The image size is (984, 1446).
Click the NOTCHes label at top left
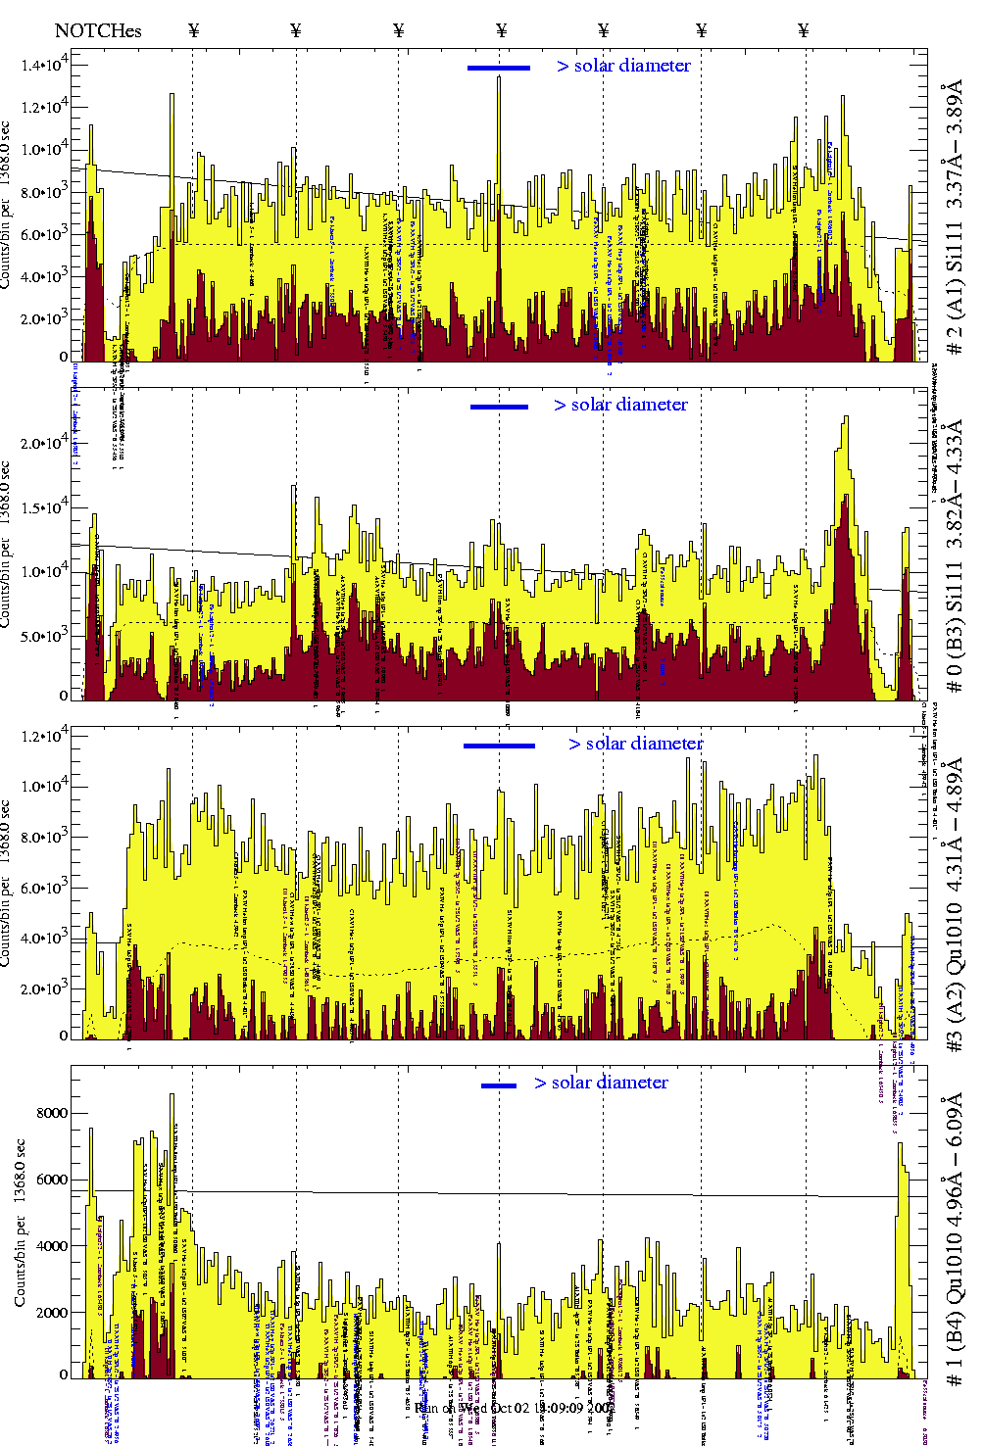point(98,30)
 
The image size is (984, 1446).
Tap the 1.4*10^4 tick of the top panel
point(45,65)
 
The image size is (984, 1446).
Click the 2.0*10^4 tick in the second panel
point(45,442)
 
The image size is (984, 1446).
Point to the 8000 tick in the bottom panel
point(51,1113)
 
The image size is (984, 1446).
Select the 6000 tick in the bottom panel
point(51,1180)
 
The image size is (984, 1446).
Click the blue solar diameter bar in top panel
point(499,68)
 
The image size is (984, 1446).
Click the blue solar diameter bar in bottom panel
point(499,1085)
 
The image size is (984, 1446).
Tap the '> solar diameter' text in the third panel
point(635,744)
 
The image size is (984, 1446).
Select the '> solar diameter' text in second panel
point(620,405)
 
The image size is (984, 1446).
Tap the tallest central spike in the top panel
point(499,78)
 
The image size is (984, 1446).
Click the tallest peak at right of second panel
point(845,419)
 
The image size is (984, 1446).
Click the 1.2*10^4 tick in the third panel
point(45,736)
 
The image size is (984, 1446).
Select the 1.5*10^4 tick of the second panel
point(45,506)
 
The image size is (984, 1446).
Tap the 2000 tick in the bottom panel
point(51,1313)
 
